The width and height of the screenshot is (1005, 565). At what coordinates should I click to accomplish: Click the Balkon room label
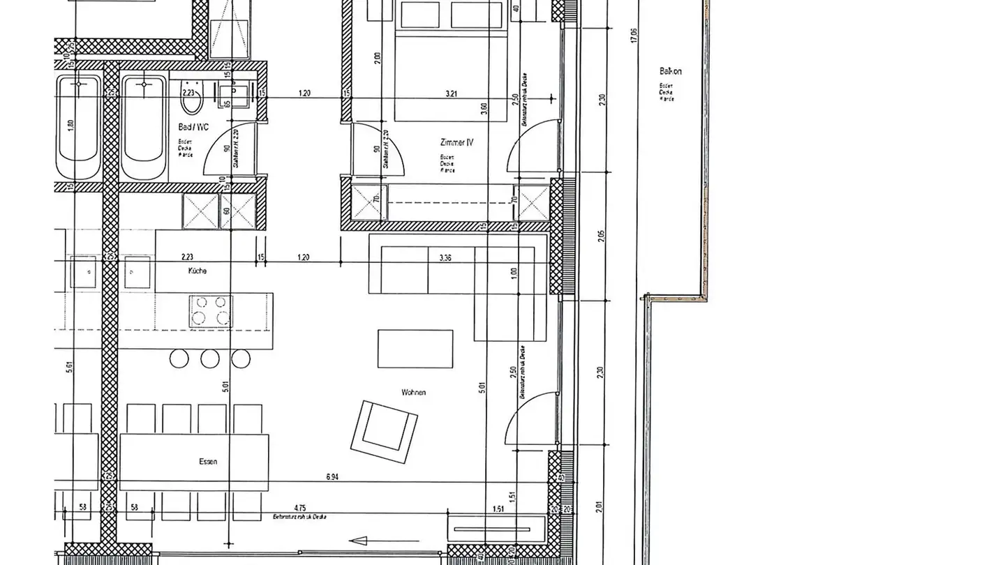coord(670,71)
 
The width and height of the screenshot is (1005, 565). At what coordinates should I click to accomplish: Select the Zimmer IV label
coord(456,142)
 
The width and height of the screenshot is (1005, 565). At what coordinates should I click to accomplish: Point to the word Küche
coord(197,271)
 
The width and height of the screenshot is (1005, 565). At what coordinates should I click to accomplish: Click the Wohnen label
coord(413,393)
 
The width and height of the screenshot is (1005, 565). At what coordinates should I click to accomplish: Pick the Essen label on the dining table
coord(207,462)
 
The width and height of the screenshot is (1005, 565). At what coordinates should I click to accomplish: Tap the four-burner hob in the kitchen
coord(210,310)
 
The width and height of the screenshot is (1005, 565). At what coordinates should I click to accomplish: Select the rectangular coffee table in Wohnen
coord(415,348)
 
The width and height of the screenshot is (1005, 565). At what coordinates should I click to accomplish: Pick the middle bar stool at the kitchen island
coord(210,359)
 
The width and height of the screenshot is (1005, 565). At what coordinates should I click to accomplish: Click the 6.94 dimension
coord(333,477)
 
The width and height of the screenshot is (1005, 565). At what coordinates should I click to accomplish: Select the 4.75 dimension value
coord(300,508)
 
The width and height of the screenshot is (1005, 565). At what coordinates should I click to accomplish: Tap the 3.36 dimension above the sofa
coord(445,257)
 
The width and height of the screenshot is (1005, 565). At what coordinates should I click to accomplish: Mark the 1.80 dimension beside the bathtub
coord(70,126)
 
